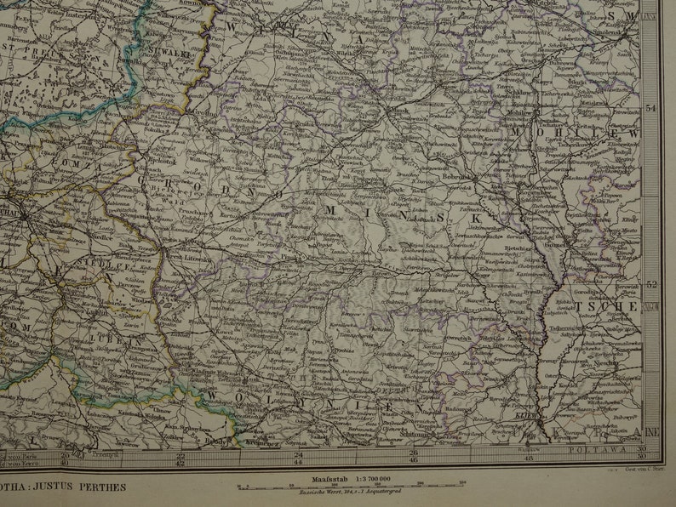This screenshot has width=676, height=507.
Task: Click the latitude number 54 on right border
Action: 651,109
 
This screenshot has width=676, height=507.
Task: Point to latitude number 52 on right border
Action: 651,285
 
